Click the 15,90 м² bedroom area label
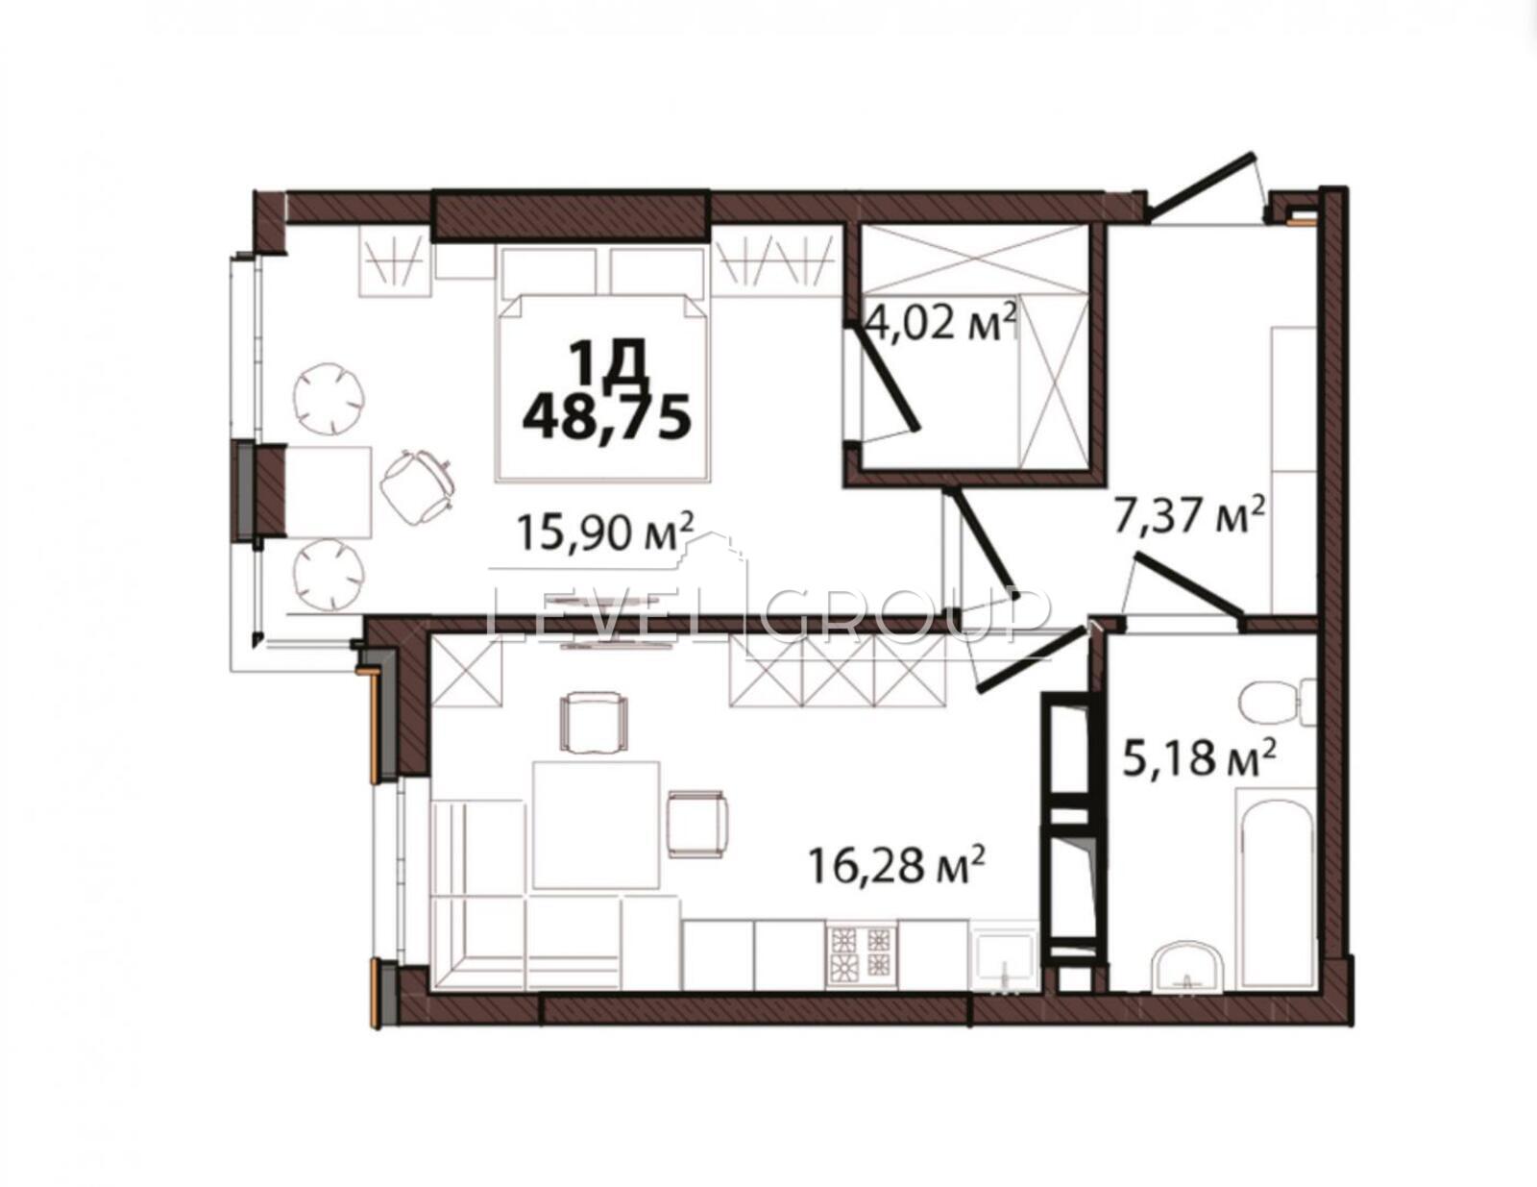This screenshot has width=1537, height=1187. pos(605,532)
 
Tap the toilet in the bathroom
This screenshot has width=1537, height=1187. pos(1278,703)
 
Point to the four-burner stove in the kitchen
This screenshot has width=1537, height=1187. pos(861,955)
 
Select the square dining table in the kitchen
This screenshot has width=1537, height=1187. pos(597,825)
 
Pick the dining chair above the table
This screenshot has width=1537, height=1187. pos(594,723)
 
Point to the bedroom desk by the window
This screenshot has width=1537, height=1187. pos(329,492)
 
